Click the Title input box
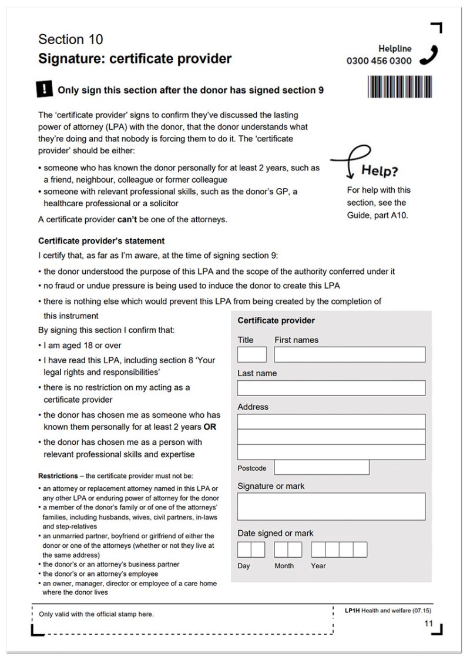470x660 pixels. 251,354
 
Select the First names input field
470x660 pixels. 350,354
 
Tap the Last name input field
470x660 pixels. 331,388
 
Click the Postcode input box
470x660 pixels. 321,467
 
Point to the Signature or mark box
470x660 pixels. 331,507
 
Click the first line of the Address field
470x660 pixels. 331,421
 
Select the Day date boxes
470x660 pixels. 251,550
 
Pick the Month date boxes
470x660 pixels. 288,550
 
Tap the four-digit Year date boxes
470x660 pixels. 339,550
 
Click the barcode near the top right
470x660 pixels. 399,86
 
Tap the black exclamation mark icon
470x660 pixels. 44,89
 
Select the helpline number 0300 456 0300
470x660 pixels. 379,61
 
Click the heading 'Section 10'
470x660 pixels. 70,39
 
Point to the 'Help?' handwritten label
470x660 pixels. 379,171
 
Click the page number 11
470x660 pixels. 428,624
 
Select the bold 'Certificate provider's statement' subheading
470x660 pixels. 101,241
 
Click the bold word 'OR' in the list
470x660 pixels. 210,427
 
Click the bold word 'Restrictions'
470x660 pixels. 58,475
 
